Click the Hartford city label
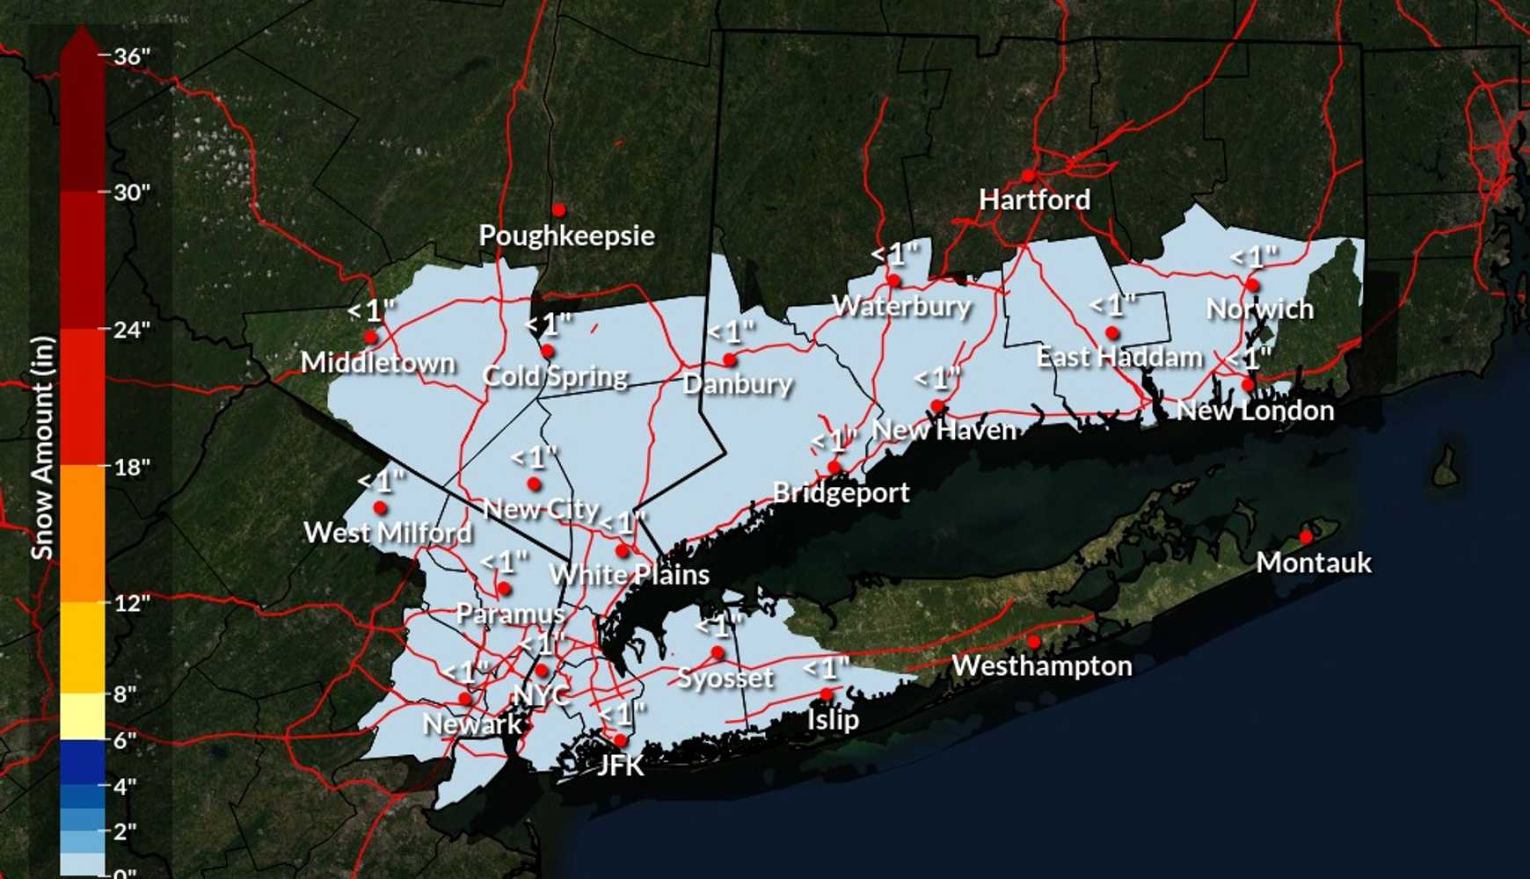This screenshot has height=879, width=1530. point(1034,200)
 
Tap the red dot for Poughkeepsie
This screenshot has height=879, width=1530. point(558,210)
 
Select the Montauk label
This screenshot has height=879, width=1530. point(1313,563)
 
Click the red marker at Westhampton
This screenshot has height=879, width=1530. point(1034,642)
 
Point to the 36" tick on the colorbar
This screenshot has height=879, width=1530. point(131,56)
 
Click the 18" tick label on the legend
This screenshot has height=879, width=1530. point(131,467)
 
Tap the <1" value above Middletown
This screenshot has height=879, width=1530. point(371,310)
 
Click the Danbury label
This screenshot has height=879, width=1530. point(737,384)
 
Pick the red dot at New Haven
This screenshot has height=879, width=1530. point(937,406)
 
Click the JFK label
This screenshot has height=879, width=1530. point(620,766)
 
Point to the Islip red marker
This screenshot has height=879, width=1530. point(827,694)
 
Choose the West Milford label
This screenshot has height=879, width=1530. point(387,533)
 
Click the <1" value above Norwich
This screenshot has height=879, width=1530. point(1254,258)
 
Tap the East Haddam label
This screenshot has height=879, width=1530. point(1118,358)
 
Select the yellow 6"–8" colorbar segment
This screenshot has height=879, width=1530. point(83,716)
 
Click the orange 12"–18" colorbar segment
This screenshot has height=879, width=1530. point(83,533)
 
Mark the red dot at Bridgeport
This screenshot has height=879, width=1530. point(834,467)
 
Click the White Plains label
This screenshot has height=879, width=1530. point(630,575)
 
